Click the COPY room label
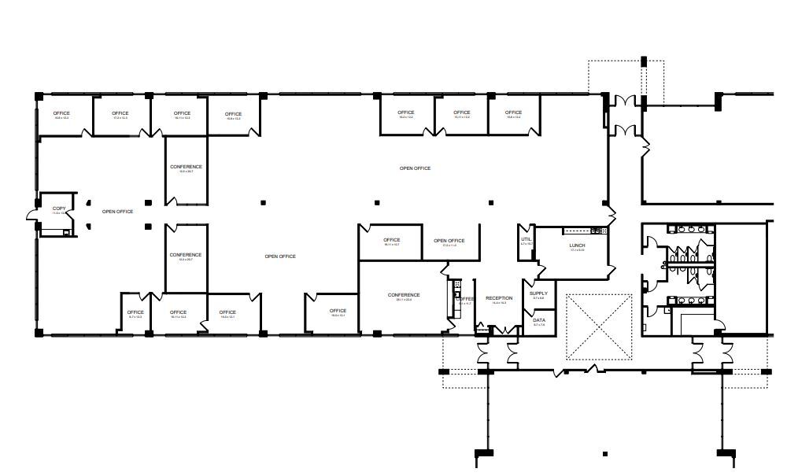(x=59, y=208)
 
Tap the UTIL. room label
(x=527, y=238)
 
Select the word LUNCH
(x=577, y=245)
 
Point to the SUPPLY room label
(x=538, y=293)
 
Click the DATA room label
(x=539, y=320)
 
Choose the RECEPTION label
(x=499, y=298)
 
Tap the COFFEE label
(x=464, y=299)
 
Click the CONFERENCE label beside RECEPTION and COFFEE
(x=404, y=295)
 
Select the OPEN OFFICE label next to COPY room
(x=117, y=212)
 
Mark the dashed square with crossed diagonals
(x=599, y=327)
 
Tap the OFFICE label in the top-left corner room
(x=61, y=113)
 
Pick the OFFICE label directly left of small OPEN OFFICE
(x=391, y=240)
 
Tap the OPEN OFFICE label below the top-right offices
(x=415, y=168)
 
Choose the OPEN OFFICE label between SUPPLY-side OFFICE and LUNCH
(x=449, y=241)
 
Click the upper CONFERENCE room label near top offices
(x=186, y=167)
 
